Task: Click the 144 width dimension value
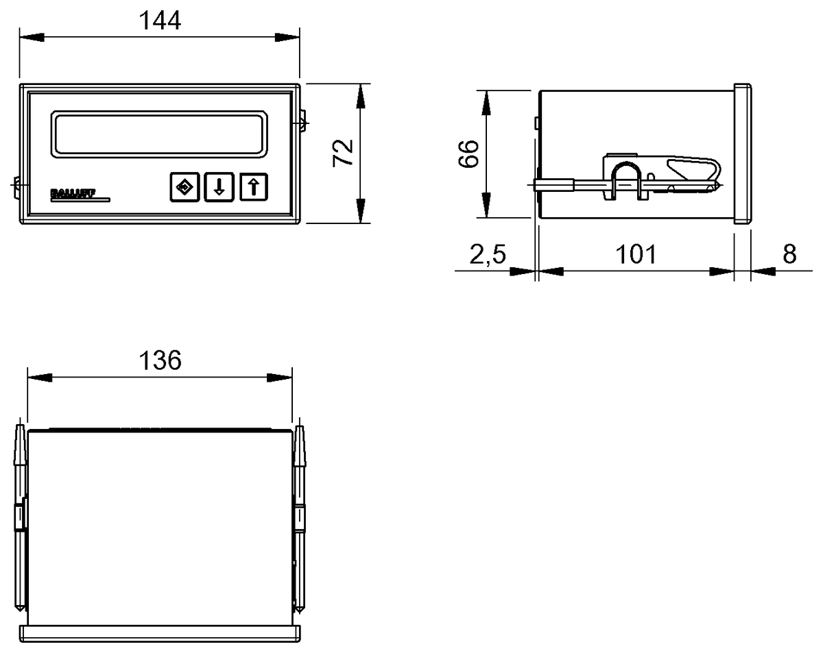tap(160, 21)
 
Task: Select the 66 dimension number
tap(468, 154)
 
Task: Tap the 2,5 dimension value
tap(488, 254)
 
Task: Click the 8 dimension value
tap(789, 254)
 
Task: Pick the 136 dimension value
tap(160, 360)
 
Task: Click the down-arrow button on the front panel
tap(219, 187)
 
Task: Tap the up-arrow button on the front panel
tap(254, 187)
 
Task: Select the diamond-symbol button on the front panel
tap(184, 187)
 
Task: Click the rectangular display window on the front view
tap(159, 134)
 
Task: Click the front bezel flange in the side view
tap(742, 153)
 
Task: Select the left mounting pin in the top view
tap(21, 518)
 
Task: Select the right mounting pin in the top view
tap(299, 518)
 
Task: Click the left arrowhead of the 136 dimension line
tap(37, 377)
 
